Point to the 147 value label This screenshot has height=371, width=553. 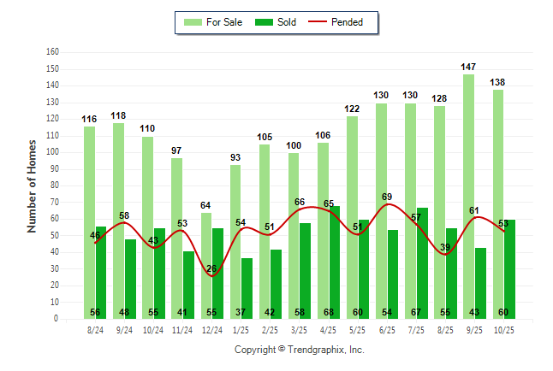[468, 66]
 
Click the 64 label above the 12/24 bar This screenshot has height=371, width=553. [206, 204]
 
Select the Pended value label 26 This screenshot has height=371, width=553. [211, 268]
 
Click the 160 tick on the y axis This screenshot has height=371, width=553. [52, 52]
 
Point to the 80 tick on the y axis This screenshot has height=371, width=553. [54, 185]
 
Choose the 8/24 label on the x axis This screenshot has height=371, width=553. [95, 329]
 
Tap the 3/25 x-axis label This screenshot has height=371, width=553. [299, 329]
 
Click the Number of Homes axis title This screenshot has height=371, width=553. [32, 185]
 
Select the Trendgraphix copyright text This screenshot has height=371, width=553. [300, 350]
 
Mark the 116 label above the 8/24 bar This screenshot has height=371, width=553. [90, 118]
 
